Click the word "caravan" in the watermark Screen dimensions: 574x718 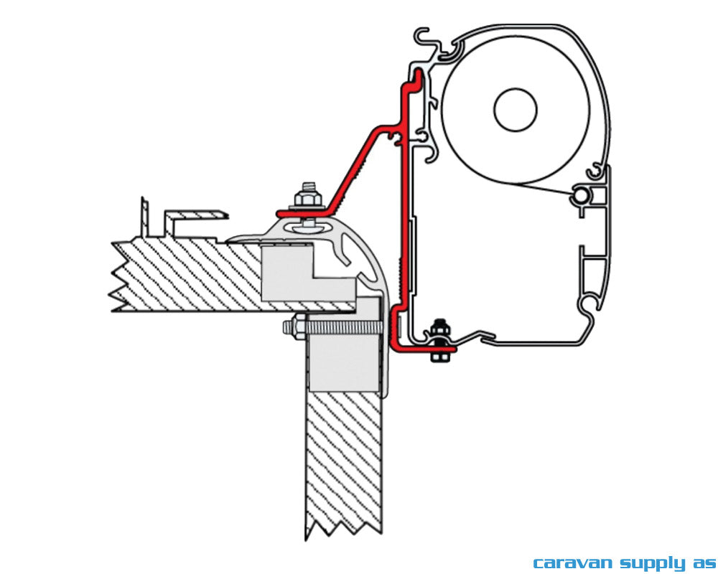click(x=564, y=562)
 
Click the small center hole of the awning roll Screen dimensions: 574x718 click(x=516, y=109)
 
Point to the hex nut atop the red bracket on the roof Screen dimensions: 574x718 click(x=309, y=197)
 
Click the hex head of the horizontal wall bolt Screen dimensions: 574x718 click(x=289, y=328)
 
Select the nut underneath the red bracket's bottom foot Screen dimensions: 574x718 click(x=436, y=355)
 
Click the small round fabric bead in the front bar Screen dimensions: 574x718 click(x=581, y=196)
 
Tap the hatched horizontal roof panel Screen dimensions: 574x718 click(x=187, y=276)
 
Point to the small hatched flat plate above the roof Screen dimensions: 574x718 click(x=197, y=214)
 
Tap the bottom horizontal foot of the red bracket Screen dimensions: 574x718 click(x=424, y=348)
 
